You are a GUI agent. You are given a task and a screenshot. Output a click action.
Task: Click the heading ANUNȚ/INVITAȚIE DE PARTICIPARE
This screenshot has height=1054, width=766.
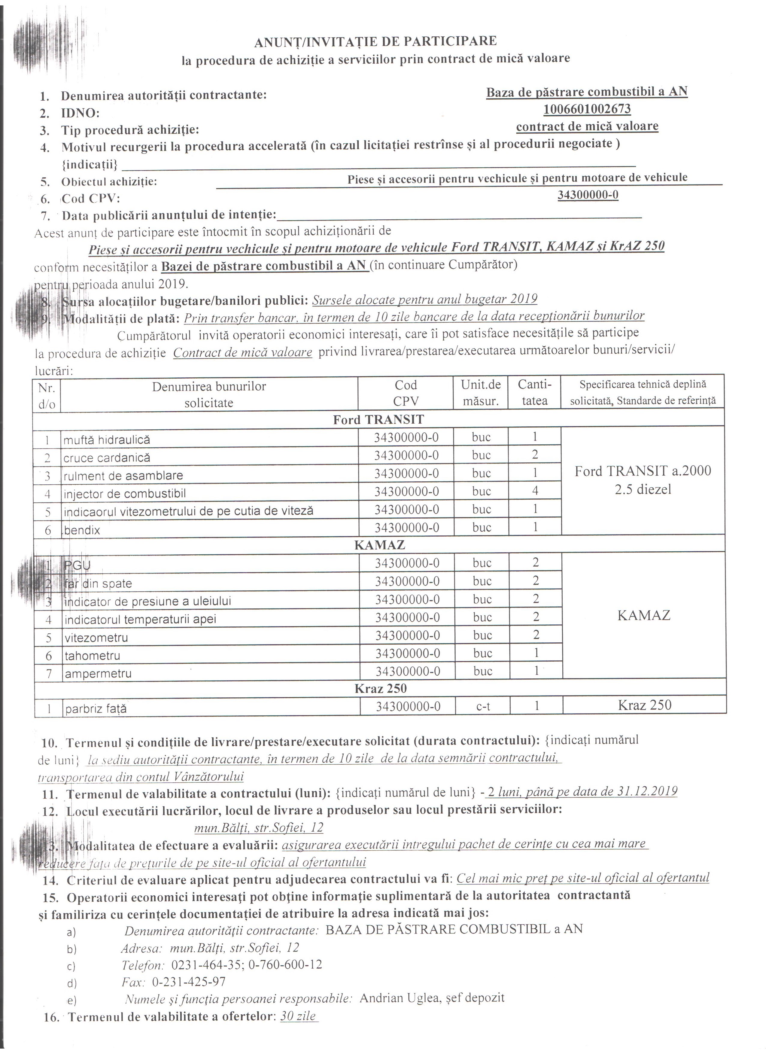pyautogui.click(x=375, y=41)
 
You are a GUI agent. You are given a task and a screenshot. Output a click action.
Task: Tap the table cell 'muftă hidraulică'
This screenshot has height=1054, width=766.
pyautogui.click(x=107, y=439)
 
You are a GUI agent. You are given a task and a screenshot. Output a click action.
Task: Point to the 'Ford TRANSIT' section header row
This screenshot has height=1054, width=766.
pyautogui.click(x=378, y=420)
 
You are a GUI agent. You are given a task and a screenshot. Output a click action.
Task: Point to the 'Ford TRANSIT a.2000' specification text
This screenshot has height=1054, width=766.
pyautogui.click(x=643, y=471)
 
